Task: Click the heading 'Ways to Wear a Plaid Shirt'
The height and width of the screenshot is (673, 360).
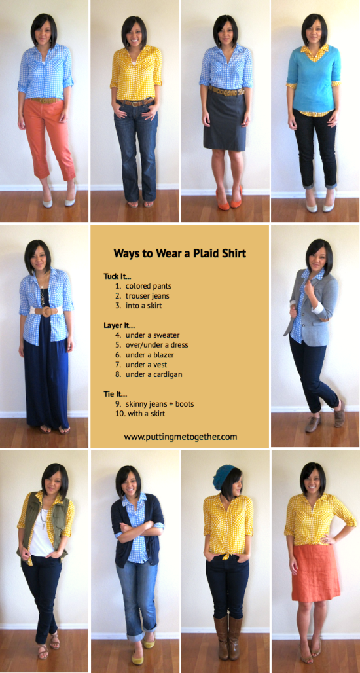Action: coord(179,253)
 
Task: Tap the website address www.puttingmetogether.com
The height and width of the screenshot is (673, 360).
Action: coord(180,437)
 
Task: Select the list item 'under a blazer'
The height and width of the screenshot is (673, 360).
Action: coord(149,355)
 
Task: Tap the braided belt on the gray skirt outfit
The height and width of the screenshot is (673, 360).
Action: coord(226,92)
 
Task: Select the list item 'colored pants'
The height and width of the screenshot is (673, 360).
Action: coord(149,285)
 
